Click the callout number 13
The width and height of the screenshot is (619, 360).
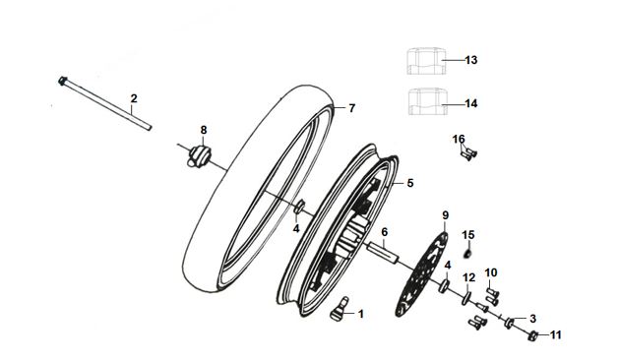coord(471,60)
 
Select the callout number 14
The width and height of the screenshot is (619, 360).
coord(471,103)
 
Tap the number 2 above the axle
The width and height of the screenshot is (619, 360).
coord(134,98)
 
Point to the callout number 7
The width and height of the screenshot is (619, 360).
coord(351,108)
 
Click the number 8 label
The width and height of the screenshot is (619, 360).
coord(204,130)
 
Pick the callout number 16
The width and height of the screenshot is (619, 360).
coord(459,139)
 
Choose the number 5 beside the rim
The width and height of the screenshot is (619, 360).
coord(410,183)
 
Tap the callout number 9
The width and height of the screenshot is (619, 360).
coord(445,215)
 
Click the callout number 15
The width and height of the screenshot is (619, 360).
coord(468,235)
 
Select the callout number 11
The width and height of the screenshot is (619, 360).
coord(556,335)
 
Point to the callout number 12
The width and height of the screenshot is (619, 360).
coord(469,278)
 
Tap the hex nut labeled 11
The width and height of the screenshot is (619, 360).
coord(533,336)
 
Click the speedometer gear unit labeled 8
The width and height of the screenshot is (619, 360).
coord(200,155)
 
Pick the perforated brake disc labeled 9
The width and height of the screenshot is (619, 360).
coord(421,274)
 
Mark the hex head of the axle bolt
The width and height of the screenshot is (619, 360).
coord(62,81)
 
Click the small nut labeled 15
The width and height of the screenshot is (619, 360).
coord(467,253)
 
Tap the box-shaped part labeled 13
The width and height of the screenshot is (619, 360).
coord(427,61)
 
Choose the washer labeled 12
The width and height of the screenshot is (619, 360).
coord(466,298)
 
